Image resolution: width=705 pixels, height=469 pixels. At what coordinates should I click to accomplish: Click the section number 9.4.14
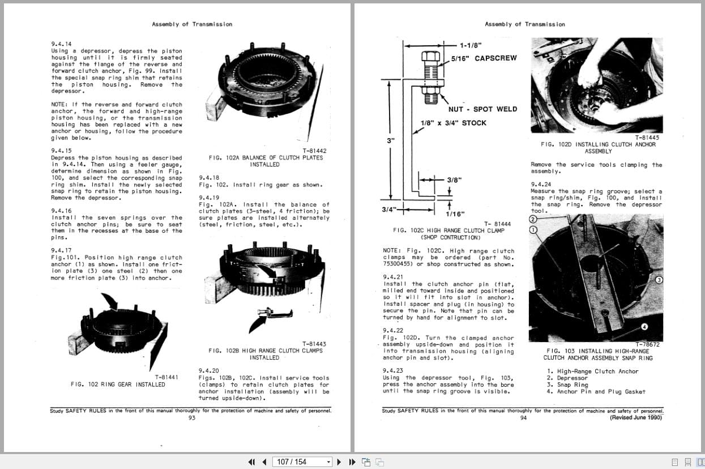pos(61,44)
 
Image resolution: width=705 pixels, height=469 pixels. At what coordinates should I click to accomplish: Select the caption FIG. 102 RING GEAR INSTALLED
pos(118,385)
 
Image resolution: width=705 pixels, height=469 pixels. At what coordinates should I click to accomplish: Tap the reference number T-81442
pos(314,151)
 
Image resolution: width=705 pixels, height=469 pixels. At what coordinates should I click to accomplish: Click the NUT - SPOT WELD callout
pos(482,109)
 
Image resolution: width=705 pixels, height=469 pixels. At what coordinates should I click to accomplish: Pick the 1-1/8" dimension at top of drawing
pos(471,45)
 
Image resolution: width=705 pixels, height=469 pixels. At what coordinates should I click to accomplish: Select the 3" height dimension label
pos(391,140)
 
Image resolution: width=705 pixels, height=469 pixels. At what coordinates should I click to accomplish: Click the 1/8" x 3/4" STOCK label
pos(453,123)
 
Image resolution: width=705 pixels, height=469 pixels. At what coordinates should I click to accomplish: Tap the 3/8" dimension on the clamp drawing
pos(454,180)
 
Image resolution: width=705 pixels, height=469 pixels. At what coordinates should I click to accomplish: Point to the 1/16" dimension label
pos(455,214)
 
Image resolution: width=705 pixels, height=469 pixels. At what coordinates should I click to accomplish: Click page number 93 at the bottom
pos(191,418)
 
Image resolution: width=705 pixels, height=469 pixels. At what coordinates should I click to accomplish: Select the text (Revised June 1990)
pos(635,418)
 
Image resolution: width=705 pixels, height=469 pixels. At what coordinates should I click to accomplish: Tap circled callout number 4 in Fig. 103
pos(644,327)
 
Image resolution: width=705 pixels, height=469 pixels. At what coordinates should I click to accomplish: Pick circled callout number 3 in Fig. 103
pos(659,280)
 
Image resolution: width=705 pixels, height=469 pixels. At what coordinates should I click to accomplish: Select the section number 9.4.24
pos(541,185)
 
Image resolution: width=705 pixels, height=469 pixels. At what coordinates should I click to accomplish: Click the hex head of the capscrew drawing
pos(431,57)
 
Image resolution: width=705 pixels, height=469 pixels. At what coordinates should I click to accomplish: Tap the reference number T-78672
pos(647,344)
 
